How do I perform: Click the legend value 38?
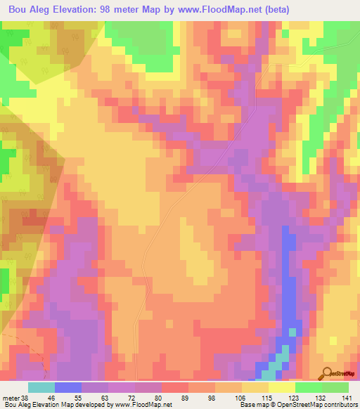[25, 397]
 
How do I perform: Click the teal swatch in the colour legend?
[41, 387]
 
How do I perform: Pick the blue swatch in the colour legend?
[68, 387]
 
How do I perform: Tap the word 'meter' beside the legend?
[11, 397]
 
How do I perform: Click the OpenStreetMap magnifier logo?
[328, 373]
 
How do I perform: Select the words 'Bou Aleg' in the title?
[26, 9]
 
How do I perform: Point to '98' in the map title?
[109, 9]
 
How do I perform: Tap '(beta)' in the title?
[273, 9]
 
